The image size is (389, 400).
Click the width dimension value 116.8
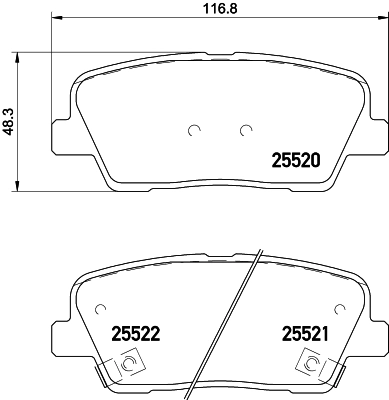(x=218, y=11)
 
